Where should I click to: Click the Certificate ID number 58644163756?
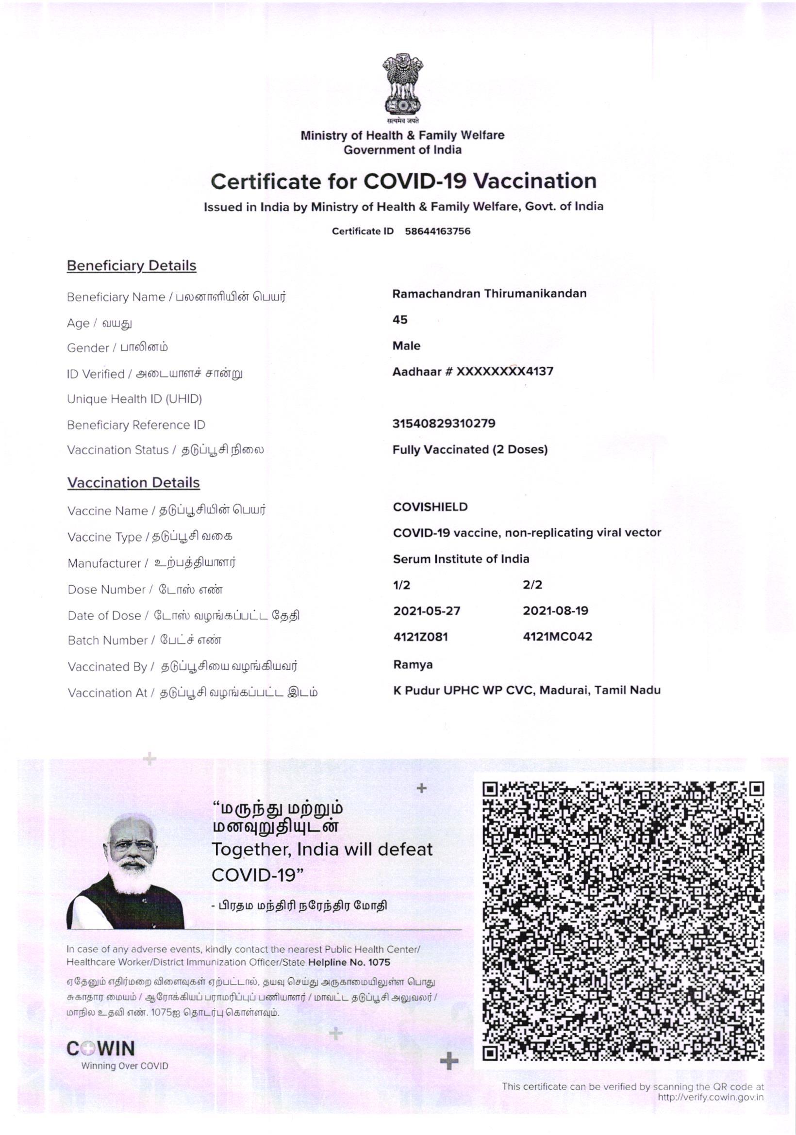pyautogui.click(x=437, y=231)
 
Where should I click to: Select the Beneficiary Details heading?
pyautogui.click(x=132, y=266)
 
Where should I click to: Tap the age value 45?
pyautogui.click(x=399, y=320)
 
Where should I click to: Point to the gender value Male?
pyautogui.click(x=406, y=345)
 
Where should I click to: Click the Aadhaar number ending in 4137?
pyautogui.click(x=473, y=371)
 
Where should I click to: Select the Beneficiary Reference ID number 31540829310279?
pyautogui.click(x=444, y=424)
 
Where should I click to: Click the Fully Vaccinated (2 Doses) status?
pyautogui.click(x=470, y=450)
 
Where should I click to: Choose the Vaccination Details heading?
pyautogui.click(x=133, y=483)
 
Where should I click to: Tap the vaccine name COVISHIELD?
pyautogui.click(x=430, y=507)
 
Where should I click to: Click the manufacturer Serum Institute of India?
pyautogui.click(x=461, y=559)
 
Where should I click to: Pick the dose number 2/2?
pyautogui.click(x=532, y=585)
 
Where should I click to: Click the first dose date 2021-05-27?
pyautogui.click(x=426, y=611)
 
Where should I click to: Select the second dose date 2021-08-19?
pyautogui.click(x=555, y=611)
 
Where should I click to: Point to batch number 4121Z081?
pyautogui.click(x=420, y=637)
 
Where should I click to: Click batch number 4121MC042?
pyautogui.click(x=557, y=637)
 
